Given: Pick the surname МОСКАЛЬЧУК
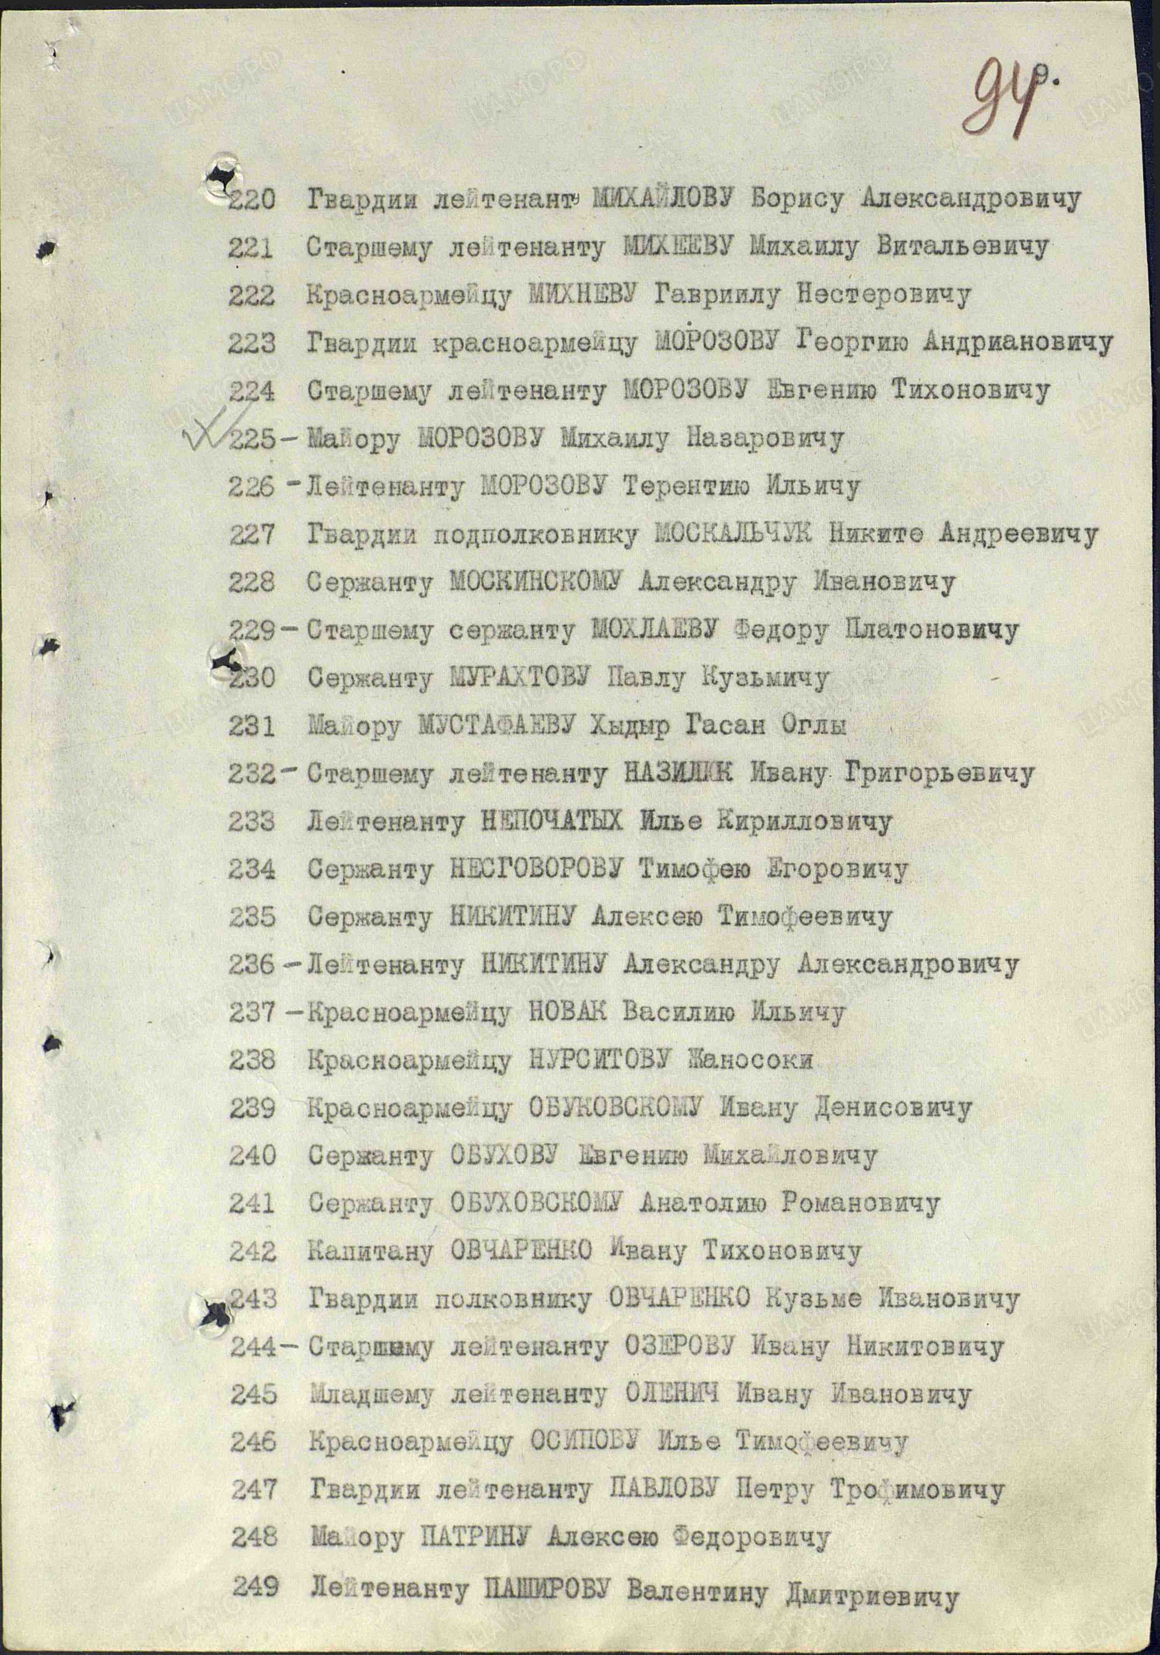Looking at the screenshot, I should click(x=734, y=534).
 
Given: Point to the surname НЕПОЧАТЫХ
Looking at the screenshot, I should click(x=551, y=822).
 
